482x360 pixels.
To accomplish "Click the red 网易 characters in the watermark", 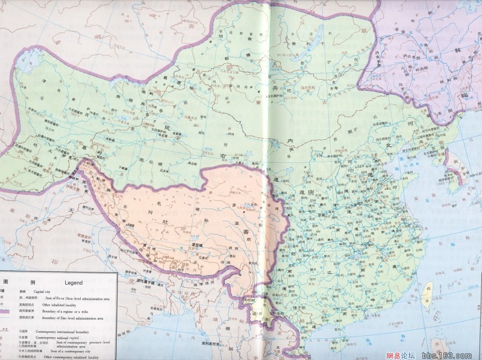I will point(396,355).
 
